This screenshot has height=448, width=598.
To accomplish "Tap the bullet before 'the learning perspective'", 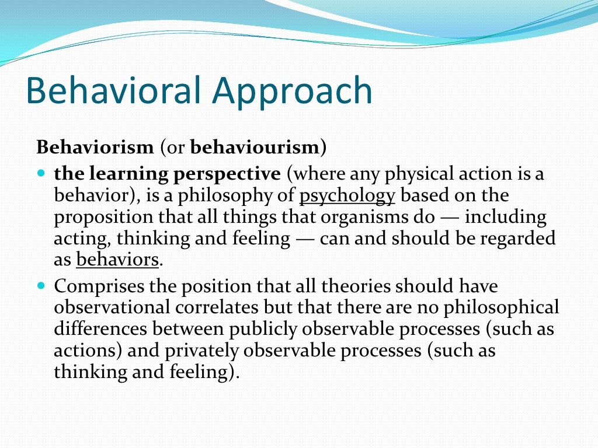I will [40, 174].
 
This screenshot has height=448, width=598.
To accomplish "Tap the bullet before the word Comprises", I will [40, 286].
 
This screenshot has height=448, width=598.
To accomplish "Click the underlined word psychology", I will [347, 196].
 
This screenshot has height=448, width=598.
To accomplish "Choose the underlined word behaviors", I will [117, 260].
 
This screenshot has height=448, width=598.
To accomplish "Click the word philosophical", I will [506, 307].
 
